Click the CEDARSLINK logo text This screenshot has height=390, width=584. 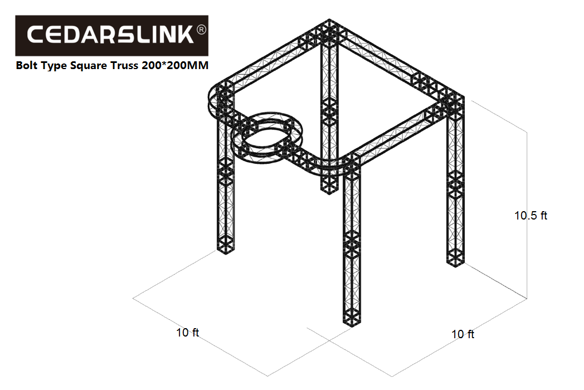click(x=110, y=35)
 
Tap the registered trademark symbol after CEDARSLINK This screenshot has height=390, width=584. click(x=201, y=30)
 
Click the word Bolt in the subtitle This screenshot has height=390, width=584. click(x=26, y=66)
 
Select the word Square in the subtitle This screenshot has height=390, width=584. click(x=89, y=66)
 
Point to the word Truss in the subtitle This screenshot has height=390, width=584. click(x=124, y=66)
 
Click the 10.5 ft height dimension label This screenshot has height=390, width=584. click(x=531, y=215)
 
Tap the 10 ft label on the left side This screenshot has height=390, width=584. click(x=188, y=332)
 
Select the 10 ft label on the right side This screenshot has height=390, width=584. click(x=463, y=334)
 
